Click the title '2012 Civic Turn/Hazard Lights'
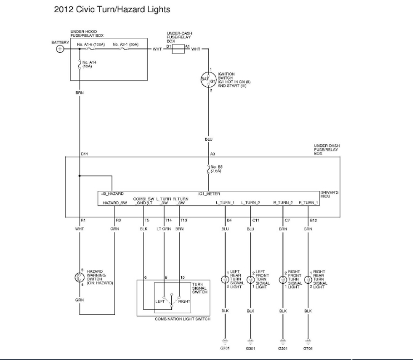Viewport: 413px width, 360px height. point(112,9)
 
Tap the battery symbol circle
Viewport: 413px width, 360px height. point(59,49)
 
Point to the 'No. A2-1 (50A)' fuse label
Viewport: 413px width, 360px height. point(126,43)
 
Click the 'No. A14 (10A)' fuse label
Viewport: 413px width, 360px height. point(88,64)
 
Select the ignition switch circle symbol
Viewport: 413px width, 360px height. point(208,80)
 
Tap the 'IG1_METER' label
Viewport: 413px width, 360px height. point(208,194)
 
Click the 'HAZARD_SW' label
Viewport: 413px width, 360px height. point(115,203)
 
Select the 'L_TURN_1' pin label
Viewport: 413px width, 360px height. point(225,203)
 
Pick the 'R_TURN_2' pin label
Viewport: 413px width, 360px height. point(283,203)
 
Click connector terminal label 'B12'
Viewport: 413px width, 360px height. point(313,221)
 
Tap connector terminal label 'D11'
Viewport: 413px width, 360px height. point(84,154)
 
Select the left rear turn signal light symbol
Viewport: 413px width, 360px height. point(225,279)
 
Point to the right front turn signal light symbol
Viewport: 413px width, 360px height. point(283,279)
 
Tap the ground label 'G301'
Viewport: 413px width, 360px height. point(250,349)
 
